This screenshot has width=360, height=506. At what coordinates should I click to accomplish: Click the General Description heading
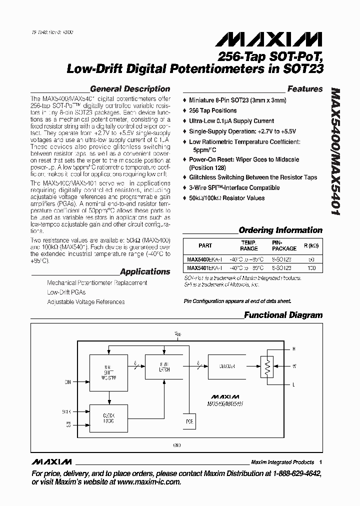pos(129,89)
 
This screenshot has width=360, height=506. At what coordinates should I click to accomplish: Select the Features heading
pos(305,89)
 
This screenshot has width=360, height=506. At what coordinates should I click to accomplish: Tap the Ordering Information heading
pos(280,230)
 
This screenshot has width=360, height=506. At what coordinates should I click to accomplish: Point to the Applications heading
pos(145,272)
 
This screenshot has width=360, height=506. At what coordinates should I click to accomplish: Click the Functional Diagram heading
pos(283,315)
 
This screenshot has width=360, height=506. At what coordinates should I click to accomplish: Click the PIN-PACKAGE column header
pos(284,245)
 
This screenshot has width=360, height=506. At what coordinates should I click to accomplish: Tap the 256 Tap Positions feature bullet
pos(212,110)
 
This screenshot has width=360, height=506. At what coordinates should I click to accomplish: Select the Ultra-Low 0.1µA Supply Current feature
pos(231,121)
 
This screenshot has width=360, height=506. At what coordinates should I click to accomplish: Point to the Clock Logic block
pos(109,417)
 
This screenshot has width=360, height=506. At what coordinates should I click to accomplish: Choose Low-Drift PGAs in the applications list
pos(66,292)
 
